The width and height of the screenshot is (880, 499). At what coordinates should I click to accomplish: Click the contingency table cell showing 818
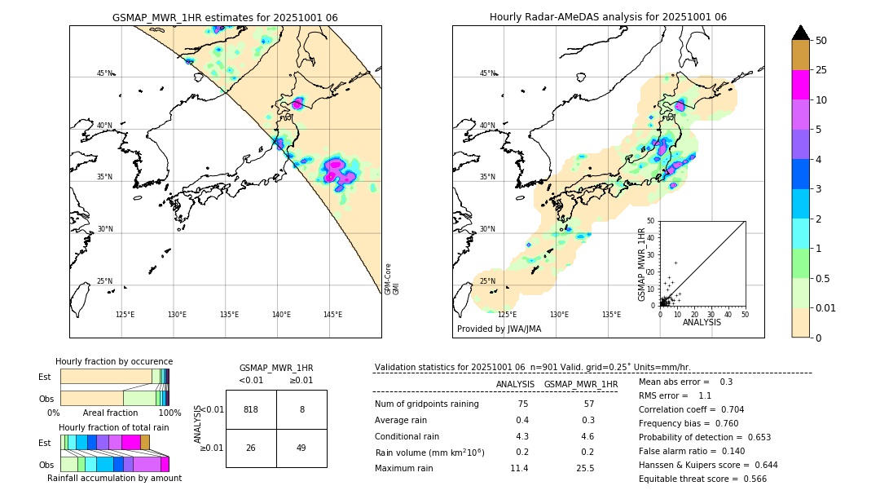251,409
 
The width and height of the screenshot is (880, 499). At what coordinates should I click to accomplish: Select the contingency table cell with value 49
301,448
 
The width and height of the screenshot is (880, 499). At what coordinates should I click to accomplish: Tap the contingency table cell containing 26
251,448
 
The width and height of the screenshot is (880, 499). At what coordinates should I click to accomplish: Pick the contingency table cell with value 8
301,409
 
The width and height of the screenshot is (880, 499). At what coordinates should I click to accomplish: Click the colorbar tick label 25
821,70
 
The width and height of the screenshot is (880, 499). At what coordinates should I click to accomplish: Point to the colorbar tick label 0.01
826,307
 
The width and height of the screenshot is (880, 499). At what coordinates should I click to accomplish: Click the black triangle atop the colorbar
801,33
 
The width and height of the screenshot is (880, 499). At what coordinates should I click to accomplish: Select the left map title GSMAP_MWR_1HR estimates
225,17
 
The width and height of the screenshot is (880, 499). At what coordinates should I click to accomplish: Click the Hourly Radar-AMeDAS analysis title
608,17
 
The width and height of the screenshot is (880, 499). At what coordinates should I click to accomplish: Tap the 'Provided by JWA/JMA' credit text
499,329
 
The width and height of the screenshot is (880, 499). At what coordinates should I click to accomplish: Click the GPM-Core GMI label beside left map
391,278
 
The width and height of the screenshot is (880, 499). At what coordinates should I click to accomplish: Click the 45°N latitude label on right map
486,73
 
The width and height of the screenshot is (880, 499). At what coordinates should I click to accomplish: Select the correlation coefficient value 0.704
727,409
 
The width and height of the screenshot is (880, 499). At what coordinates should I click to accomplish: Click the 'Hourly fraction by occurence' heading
114,361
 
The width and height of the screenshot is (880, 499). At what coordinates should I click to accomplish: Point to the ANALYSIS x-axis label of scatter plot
702,323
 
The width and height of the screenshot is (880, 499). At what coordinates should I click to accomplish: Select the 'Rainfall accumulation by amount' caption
114,478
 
